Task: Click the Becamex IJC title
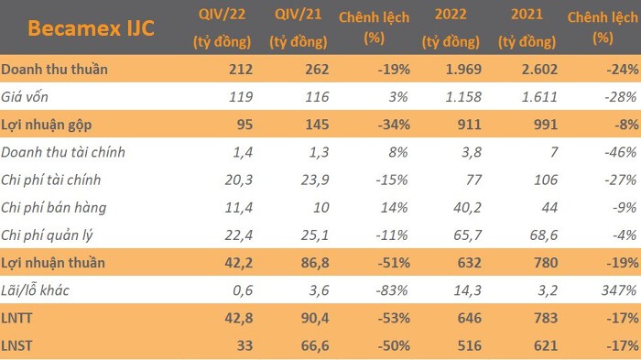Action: pos(91,28)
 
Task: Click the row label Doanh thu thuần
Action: pos(54,69)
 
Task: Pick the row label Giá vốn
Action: pos(25,96)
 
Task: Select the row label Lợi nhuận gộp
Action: pos(46,125)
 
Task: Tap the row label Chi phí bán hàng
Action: pos(53,208)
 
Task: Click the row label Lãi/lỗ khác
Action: pos(35,290)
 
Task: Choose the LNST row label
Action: pos(16,345)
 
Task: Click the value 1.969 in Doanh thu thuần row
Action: pos(463,69)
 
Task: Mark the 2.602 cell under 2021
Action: pos(539,69)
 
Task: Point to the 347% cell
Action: pos(619,290)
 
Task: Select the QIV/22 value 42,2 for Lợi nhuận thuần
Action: pos(239,263)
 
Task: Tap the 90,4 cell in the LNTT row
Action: pos(315,318)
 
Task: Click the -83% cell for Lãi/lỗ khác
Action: pos(392,290)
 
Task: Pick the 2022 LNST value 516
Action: pos(469,345)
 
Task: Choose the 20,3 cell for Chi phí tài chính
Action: pos(239,180)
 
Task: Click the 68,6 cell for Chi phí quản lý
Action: pos(544,235)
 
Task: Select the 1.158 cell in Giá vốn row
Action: pos(463,97)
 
